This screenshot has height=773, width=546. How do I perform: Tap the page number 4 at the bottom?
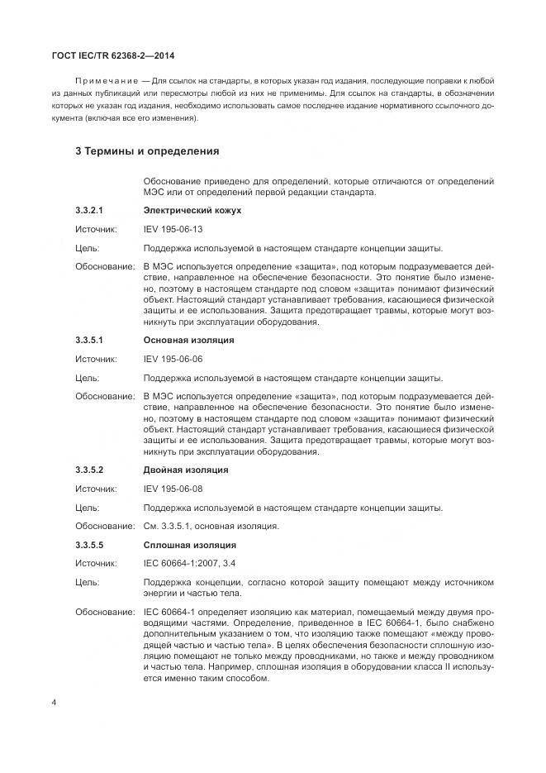tap(54, 703)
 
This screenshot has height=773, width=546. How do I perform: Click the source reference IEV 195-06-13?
tap(173, 229)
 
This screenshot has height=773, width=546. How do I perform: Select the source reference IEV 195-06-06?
tap(173, 359)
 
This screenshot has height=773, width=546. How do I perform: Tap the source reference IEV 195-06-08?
tap(173, 489)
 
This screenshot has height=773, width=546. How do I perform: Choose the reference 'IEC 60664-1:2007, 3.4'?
tap(189, 564)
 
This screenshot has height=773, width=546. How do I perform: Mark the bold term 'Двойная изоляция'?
tap(186, 470)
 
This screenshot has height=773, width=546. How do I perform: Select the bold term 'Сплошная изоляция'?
tap(189, 545)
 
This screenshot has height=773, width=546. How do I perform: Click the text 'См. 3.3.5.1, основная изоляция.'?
tap(211, 526)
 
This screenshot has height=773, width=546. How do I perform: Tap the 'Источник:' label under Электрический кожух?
tap(96, 229)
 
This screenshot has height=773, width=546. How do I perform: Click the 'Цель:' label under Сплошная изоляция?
tap(87, 583)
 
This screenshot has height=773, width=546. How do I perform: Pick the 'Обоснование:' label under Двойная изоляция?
tap(105, 526)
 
